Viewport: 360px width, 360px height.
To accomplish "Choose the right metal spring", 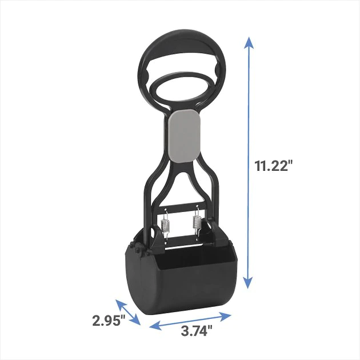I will pos(197,223).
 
